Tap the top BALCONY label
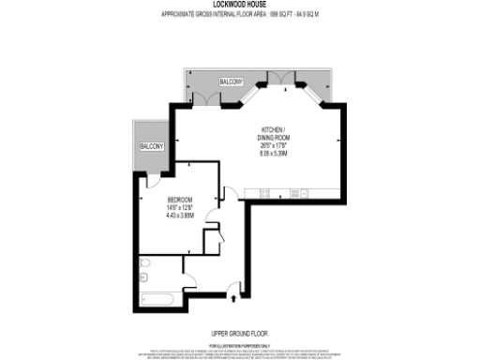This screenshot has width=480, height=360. pos(232,82)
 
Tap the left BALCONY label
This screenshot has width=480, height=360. pos(151,147)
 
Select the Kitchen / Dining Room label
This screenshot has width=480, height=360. pos(275,132)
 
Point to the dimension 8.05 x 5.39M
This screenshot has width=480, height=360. pos(275,153)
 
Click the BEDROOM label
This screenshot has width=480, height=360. pos(181,200)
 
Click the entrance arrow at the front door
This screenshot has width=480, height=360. pos(233,298)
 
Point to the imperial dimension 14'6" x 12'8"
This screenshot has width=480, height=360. pos(181,207)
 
